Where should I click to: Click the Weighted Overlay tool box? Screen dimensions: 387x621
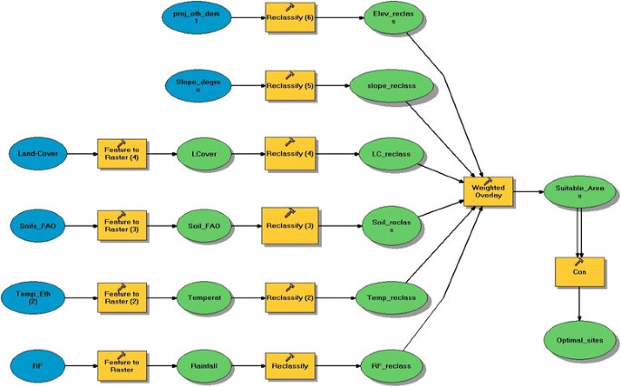pyautogui.click(x=488, y=191)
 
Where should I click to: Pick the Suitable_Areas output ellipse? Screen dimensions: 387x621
pyautogui.click(x=579, y=191)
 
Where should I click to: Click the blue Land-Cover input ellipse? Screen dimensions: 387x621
pyautogui.click(x=38, y=153)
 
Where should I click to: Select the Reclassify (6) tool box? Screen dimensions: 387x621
pyautogui.click(x=291, y=18)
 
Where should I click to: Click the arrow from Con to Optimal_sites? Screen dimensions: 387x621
pyautogui.click(x=579, y=307)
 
